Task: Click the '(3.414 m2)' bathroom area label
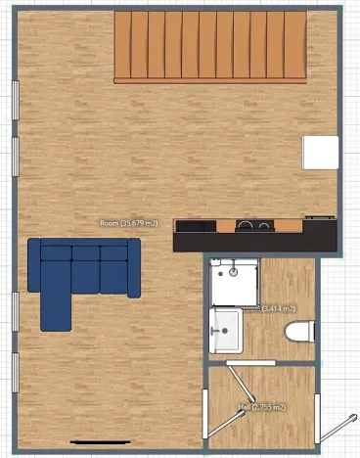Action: click(x=280, y=308)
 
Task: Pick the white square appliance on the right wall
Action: click(x=320, y=153)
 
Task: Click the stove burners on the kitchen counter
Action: click(x=255, y=227)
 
